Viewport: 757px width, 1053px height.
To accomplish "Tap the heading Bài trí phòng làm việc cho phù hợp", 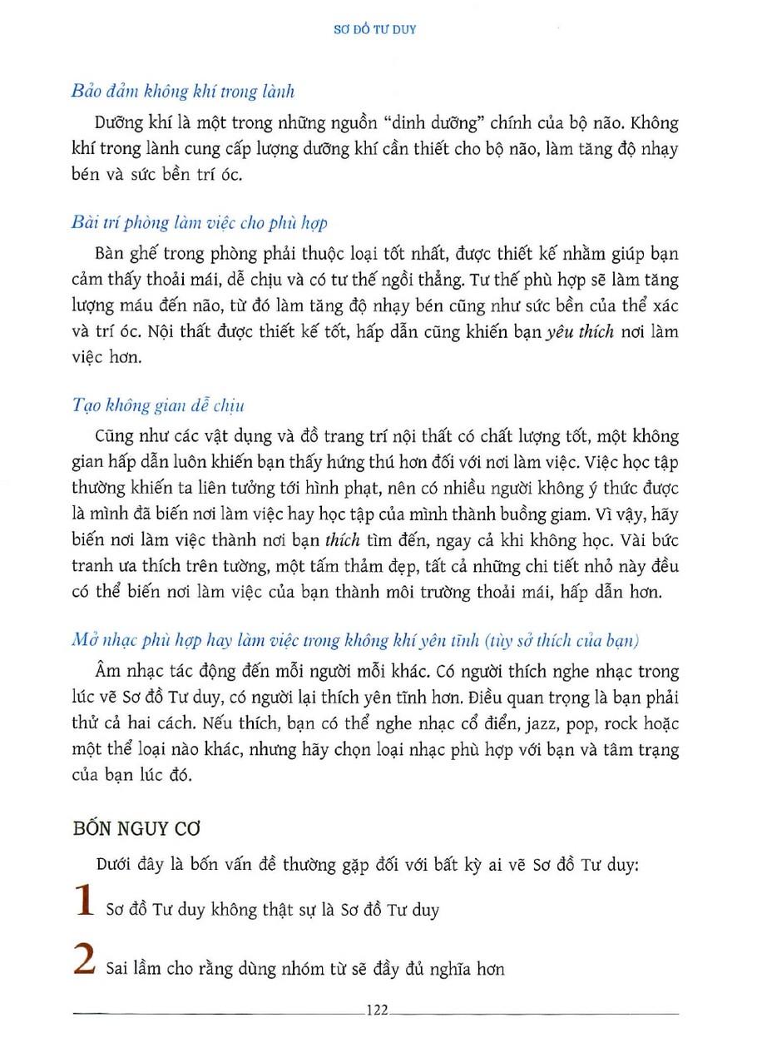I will pos(200,222).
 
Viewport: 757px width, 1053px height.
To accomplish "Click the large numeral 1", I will pos(83,902).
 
